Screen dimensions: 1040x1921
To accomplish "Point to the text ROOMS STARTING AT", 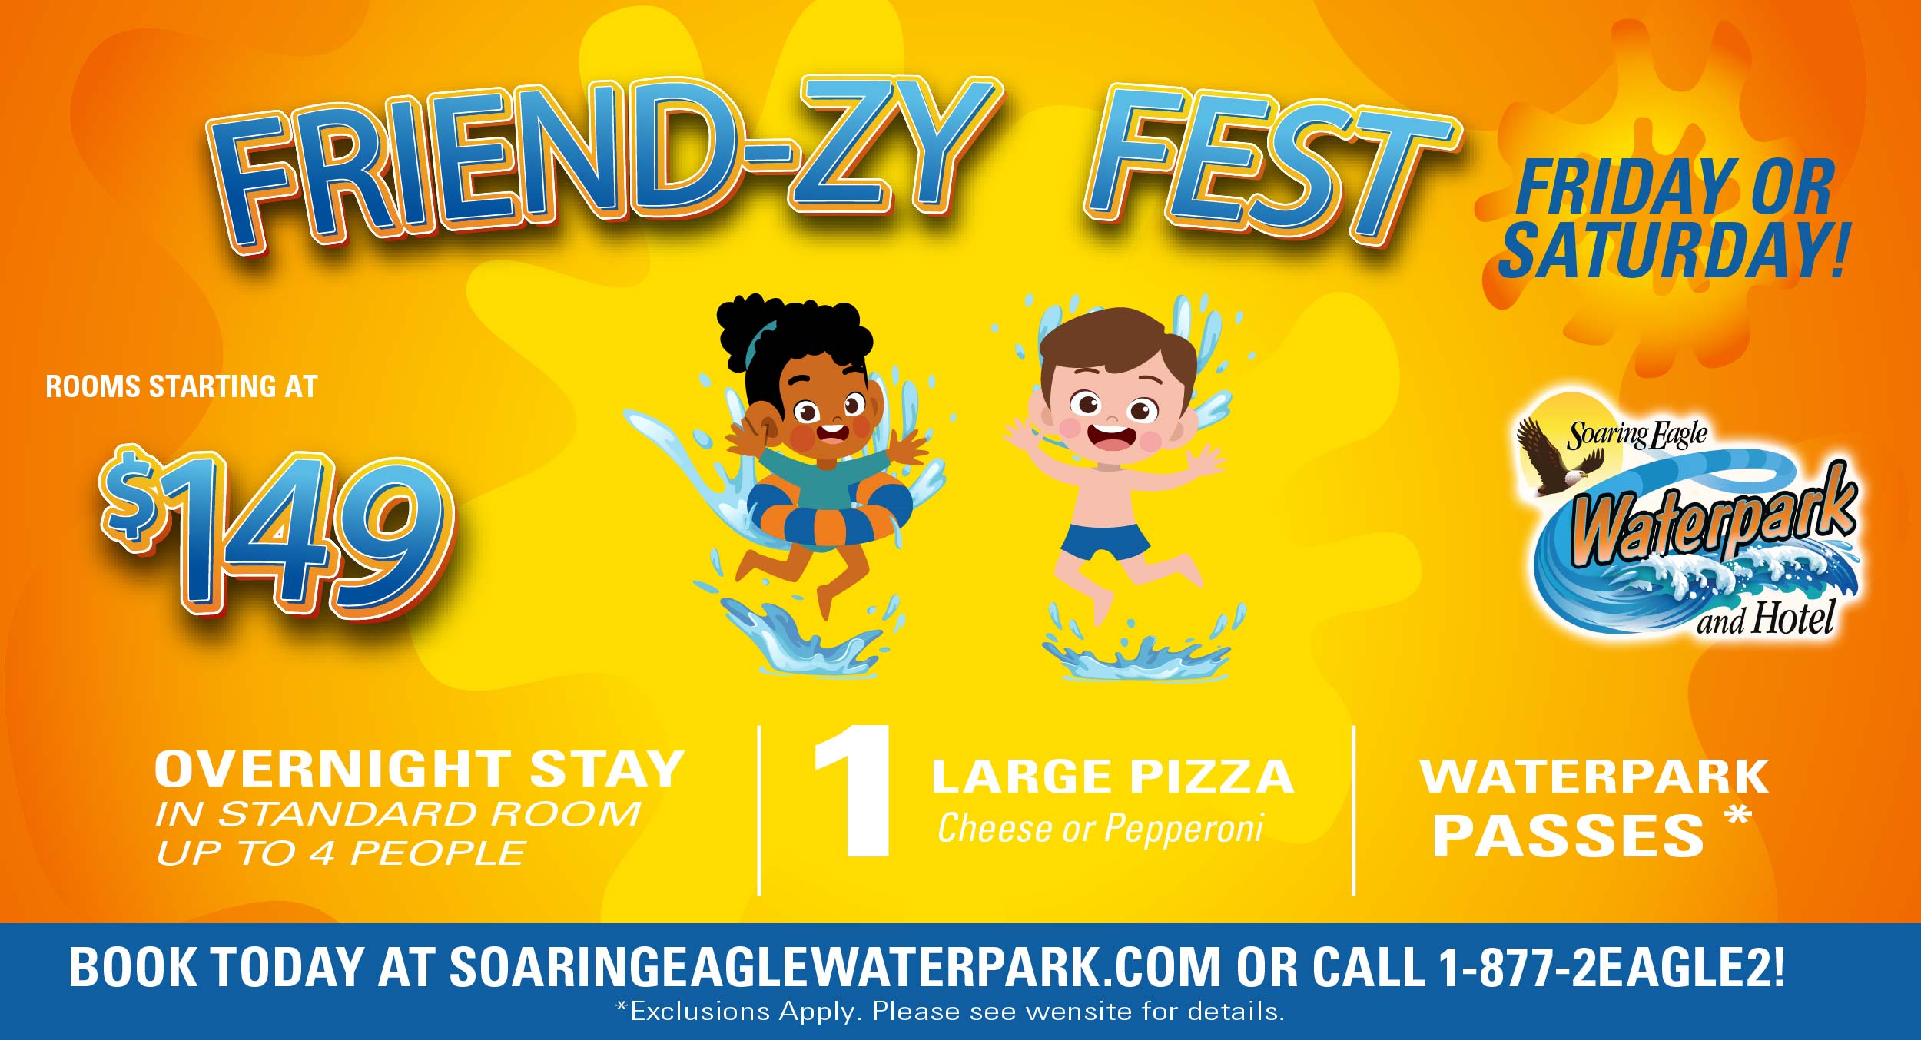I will (x=181, y=386).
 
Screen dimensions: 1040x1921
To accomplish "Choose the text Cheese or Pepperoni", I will (x=1100, y=829).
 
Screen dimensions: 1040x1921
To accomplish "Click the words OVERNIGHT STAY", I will (x=419, y=769).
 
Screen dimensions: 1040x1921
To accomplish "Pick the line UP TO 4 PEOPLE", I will (x=341, y=853).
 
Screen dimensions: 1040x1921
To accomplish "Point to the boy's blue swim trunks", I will (x=1105, y=539).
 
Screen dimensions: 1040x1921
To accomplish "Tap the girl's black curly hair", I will (x=791, y=338).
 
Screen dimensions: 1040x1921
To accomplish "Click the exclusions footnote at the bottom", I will (x=950, y=1012).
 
